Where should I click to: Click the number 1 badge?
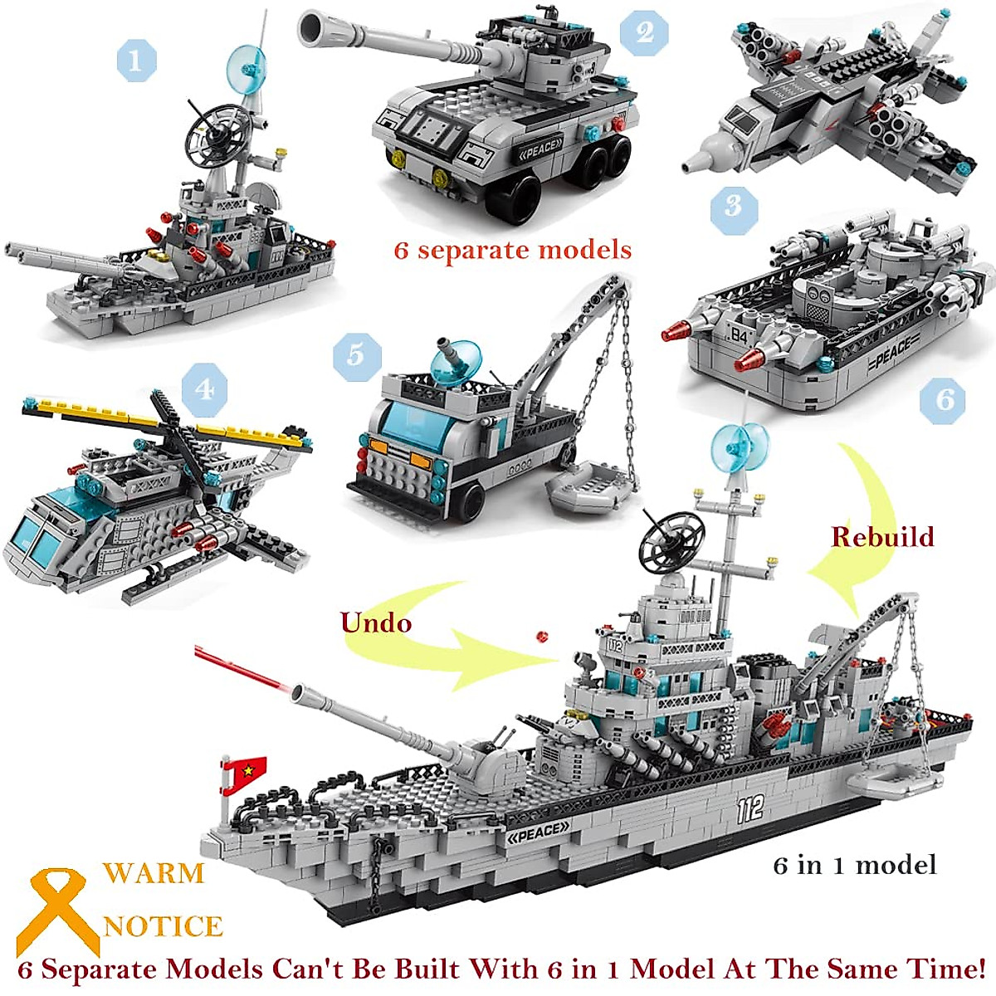tap(136, 59)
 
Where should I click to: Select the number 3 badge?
tap(734, 206)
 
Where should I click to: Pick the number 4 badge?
tap(203, 387)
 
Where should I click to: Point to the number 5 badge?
tap(356, 355)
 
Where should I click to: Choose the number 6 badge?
tap(945, 400)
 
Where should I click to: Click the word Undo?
tap(376, 622)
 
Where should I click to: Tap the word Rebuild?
tap(882, 537)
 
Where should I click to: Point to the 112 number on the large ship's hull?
tap(749, 809)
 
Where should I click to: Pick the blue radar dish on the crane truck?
tap(454, 361)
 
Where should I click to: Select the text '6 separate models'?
tap(513, 250)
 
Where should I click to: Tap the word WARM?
tap(154, 873)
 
